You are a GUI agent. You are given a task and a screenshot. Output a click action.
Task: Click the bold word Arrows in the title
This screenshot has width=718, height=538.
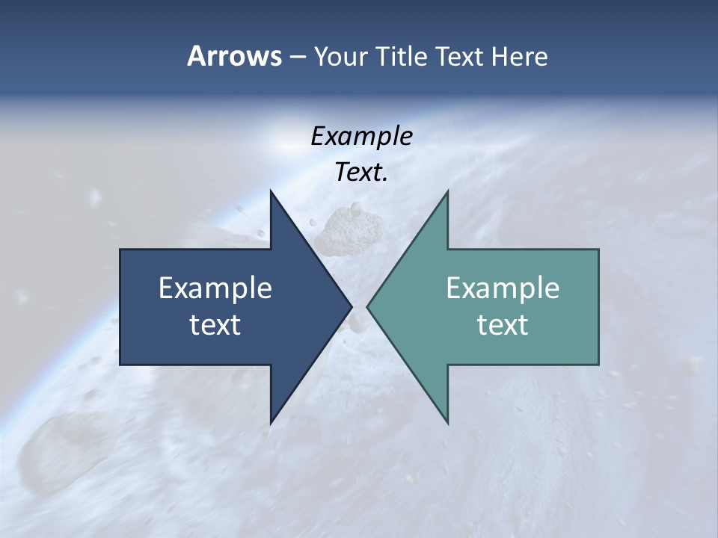(233, 56)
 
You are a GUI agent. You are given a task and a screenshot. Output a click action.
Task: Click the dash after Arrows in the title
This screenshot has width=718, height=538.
(297, 57)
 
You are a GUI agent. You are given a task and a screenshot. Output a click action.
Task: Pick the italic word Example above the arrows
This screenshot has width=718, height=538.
(361, 136)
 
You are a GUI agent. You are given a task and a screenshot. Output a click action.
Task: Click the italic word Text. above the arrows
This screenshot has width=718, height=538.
(361, 172)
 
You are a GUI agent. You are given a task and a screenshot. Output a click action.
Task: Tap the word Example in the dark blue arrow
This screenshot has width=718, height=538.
(215, 288)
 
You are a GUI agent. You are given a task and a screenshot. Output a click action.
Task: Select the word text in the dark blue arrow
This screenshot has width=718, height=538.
(215, 324)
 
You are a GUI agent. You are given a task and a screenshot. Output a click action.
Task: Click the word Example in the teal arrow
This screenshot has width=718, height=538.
(503, 288)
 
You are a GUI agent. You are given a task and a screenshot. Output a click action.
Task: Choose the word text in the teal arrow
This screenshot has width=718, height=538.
(503, 324)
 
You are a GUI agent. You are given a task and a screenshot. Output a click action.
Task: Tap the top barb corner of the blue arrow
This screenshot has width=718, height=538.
(271, 191)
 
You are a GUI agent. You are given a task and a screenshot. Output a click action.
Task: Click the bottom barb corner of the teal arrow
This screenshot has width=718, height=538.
(447, 423)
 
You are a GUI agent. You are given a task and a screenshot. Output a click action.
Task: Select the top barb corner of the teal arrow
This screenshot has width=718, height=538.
(447, 191)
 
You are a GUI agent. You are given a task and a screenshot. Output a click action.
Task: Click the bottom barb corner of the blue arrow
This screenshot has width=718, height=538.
(271, 423)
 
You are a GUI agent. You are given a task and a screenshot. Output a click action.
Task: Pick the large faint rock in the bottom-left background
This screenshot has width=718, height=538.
(52, 448)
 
